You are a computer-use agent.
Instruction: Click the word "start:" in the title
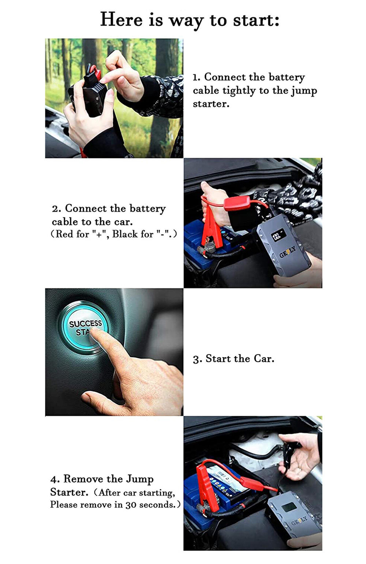pos(256,20)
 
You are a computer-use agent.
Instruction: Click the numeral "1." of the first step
pos(197,77)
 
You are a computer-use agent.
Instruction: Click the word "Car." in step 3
pos(264,358)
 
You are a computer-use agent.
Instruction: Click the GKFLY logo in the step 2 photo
pos(288,252)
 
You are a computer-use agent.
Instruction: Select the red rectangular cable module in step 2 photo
pos(237,203)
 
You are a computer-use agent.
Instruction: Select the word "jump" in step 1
pos(304,91)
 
